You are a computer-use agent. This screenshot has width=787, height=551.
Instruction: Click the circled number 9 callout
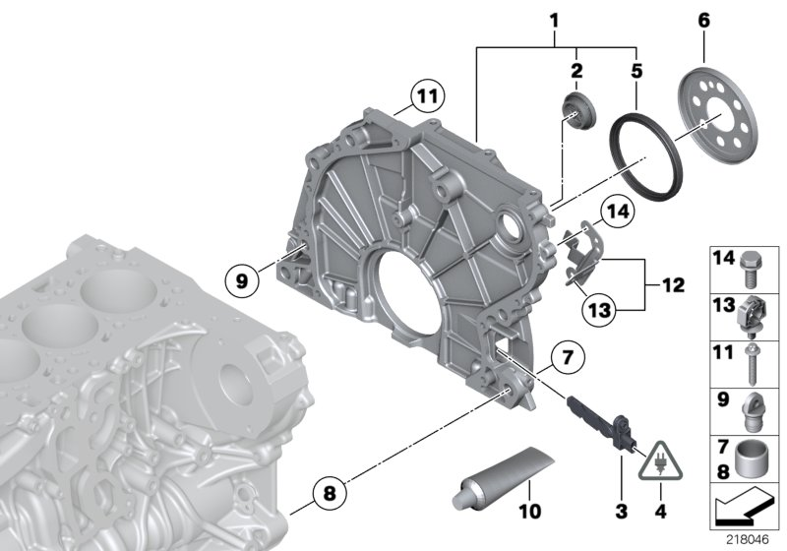point(243,280)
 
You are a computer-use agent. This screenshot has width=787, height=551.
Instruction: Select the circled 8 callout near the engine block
point(331,489)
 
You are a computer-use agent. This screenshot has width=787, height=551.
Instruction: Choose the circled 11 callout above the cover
point(425,96)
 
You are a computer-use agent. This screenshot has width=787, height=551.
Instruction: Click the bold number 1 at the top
point(554,20)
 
